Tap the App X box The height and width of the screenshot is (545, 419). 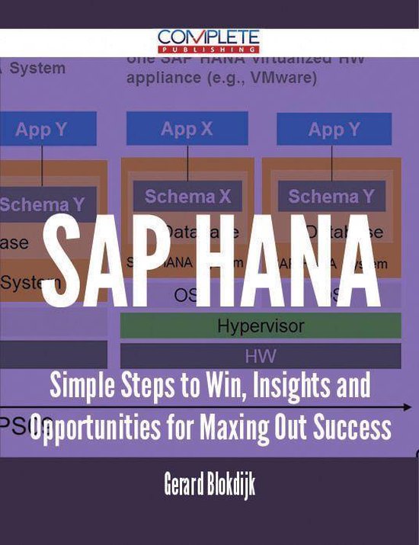pyautogui.click(x=187, y=129)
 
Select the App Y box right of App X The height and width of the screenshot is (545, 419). pyautogui.click(x=334, y=129)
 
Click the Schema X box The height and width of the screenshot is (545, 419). pyautogui.click(x=187, y=196)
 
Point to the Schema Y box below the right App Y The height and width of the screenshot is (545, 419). pyautogui.click(x=331, y=197)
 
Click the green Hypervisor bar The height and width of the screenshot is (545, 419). pyautogui.click(x=261, y=325)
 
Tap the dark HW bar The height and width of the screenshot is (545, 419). pyautogui.click(x=261, y=355)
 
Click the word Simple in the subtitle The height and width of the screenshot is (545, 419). pyautogui.click(x=80, y=386)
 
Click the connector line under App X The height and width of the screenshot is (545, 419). pyautogui.click(x=187, y=163)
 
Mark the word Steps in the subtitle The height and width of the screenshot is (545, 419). pyautogui.click(x=145, y=386)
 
